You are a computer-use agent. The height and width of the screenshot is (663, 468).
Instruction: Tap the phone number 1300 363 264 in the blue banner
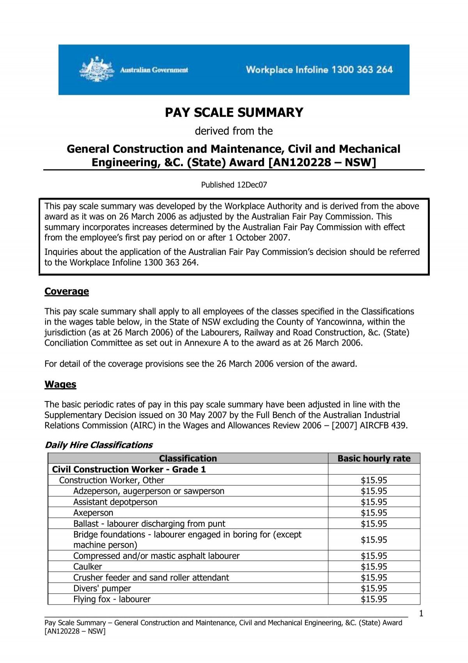coord(362,70)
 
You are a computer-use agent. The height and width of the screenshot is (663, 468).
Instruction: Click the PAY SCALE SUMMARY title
coord(234,113)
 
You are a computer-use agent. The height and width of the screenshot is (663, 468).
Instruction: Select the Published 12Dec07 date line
coord(234,185)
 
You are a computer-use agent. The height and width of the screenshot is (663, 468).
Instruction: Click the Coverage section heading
coord(67,292)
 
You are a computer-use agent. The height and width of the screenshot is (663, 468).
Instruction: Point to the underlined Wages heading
coord(60,384)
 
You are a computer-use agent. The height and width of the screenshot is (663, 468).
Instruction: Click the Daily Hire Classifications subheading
coord(99,445)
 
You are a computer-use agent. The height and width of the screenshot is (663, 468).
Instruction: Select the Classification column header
coord(188,458)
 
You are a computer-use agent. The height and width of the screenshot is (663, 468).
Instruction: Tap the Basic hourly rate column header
coord(374,458)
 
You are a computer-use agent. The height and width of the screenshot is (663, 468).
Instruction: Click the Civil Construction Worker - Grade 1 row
coord(129,469)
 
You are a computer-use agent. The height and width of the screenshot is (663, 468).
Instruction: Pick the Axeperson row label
coord(93,513)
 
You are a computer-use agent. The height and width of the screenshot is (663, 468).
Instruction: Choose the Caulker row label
coord(88,567)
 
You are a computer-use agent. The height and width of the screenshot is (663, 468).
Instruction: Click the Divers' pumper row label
coord(102,589)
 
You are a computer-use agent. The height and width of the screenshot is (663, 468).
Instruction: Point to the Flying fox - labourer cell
coord(112,599)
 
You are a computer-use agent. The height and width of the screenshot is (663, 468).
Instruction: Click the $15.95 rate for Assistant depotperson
coord(374,502)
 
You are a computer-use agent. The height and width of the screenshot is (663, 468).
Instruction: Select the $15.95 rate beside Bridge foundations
coord(374,540)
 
